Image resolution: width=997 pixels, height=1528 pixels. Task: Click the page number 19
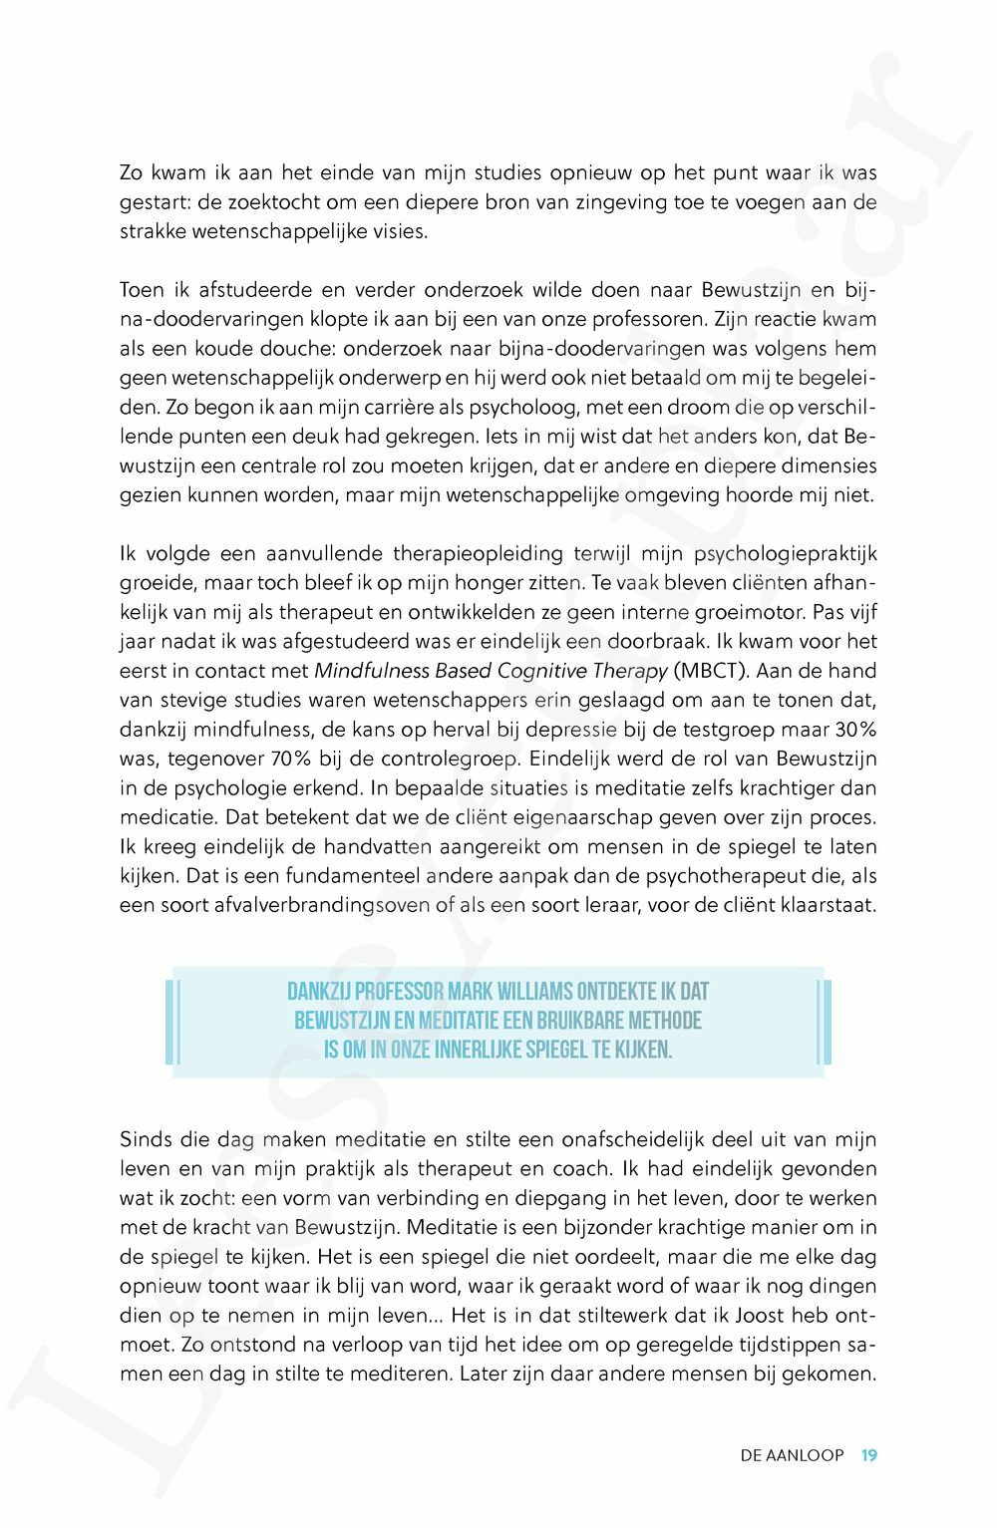tap(869, 1455)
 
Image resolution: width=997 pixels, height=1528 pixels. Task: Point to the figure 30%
tap(855, 730)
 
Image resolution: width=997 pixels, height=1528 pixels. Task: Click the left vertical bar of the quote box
tap(171, 1022)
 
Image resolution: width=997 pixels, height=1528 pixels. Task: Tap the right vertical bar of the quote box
tap(825, 1022)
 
